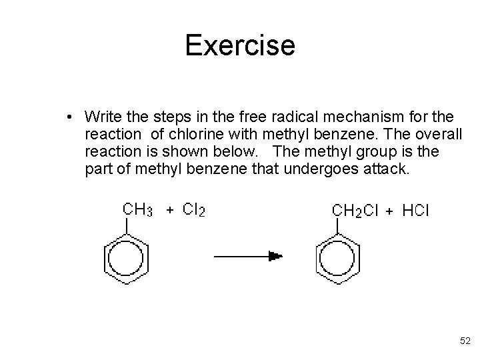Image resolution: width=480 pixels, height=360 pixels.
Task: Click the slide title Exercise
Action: point(239,45)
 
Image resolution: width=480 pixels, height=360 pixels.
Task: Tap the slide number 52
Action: point(465,341)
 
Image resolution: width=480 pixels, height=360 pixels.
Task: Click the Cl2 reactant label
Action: point(194,210)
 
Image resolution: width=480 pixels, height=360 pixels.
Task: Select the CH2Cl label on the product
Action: point(355,211)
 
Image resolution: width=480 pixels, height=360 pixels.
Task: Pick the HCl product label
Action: point(416,211)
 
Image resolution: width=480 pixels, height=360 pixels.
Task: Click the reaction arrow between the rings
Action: point(247,255)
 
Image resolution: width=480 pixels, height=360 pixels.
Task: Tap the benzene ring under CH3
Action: point(126,257)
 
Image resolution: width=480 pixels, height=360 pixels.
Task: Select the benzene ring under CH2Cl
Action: point(336,257)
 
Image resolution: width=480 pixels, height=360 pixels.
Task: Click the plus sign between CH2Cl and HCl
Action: point(389,211)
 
